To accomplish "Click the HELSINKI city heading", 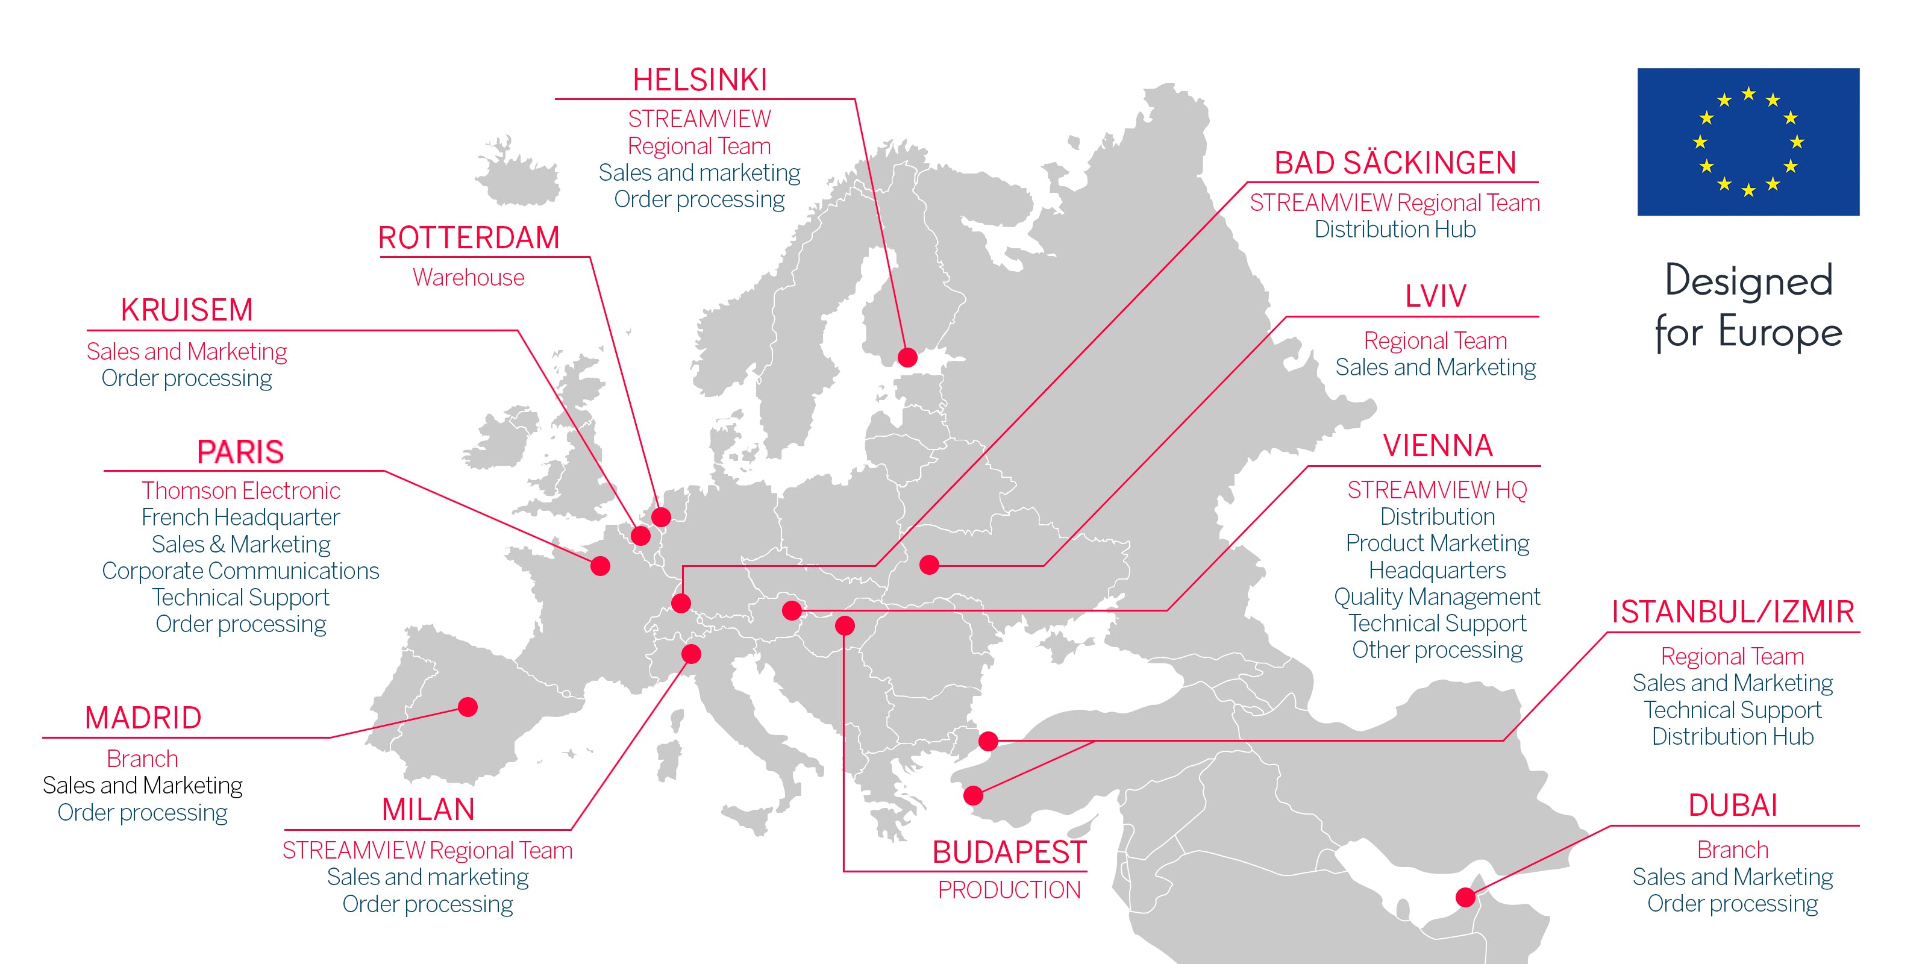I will pyautogui.click(x=700, y=80).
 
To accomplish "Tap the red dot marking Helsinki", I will pyautogui.click(x=907, y=357).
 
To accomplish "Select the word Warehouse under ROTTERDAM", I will pyautogui.click(x=469, y=278).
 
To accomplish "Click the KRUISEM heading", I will pyautogui.click(x=187, y=310).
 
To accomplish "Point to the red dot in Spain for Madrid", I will pyautogui.click(x=468, y=707).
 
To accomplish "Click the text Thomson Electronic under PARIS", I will pyautogui.click(x=241, y=490).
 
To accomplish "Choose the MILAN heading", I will pyautogui.click(x=428, y=809).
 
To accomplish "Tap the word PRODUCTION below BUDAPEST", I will pyautogui.click(x=1009, y=890).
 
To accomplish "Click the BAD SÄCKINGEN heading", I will pyautogui.click(x=1395, y=163).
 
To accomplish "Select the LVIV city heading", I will pyautogui.click(x=1436, y=296).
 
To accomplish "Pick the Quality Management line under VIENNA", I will pyautogui.click(x=1437, y=596).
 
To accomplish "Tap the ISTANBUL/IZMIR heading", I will pyautogui.click(x=1733, y=612).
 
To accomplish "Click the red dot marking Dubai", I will pyautogui.click(x=1465, y=897).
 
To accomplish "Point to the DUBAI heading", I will pyautogui.click(x=1733, y=806).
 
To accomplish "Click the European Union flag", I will pyautogui.click(x=1748, y=142).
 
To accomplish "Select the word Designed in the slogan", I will pyautogui.click(x=1748, y=281).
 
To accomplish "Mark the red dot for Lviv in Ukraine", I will pyautogui.click(x=929, y=565).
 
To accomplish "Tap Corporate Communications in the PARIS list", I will pyautogui.click(x=241, y=571).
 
